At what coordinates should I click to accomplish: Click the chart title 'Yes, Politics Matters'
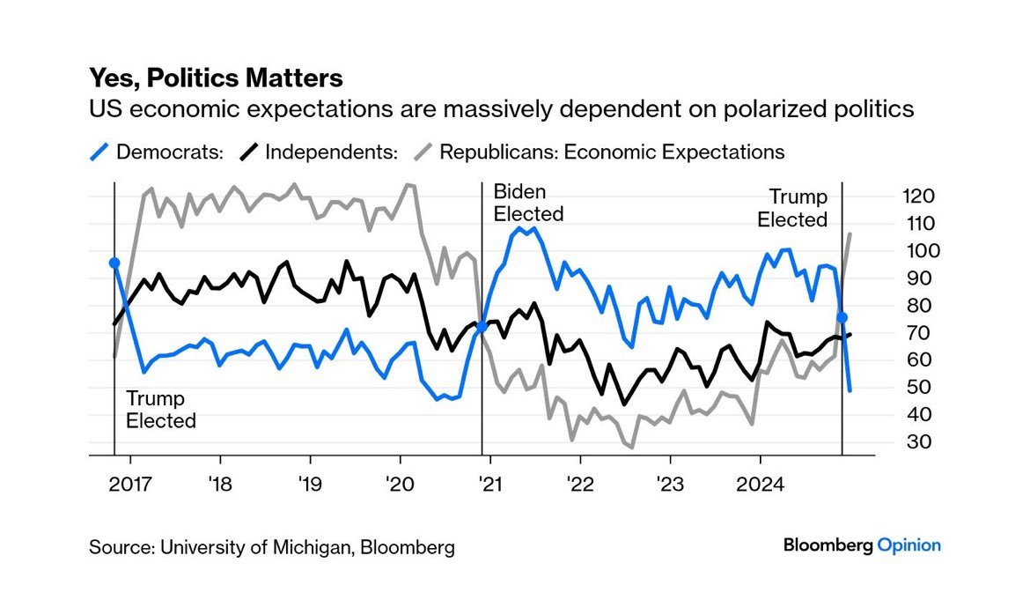click(x=216, y=78)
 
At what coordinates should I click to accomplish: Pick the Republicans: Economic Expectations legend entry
click(x=599, y=152)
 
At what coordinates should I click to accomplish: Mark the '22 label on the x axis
click(x=580, y=484)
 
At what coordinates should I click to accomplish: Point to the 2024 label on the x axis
click(x=760, y=484)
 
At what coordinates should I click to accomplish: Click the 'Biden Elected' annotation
click(x=528, y=203)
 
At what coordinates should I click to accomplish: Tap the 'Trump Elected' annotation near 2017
click(x=160, y=409)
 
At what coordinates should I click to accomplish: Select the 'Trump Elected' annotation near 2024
click(x=793, y=208)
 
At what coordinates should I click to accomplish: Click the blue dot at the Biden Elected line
click(x=482, y=327)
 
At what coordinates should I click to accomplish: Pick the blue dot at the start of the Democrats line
click(x=114, y=263)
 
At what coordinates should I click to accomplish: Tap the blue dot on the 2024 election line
click(x=842, y=317)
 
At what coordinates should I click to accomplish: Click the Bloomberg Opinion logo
click(x=862, y=545)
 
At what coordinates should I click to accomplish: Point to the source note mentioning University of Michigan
click(x=272, y=547)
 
